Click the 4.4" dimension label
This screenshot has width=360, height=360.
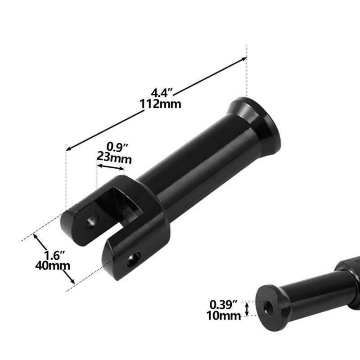[162, 94]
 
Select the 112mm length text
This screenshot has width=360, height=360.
[161, 104]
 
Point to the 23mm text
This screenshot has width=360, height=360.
[114, 158]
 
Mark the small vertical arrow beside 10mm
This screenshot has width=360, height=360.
[247, 308]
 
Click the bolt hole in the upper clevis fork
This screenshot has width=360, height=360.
[92, 220]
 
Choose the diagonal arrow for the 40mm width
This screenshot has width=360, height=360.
[54, 260]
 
